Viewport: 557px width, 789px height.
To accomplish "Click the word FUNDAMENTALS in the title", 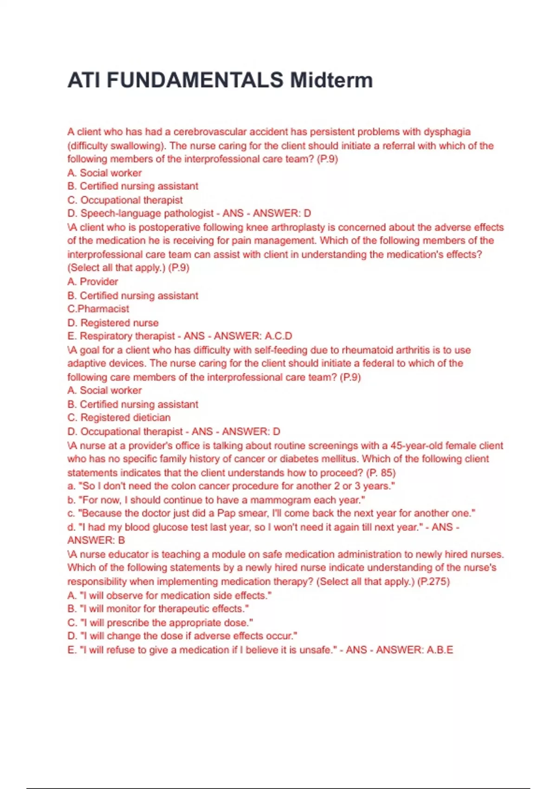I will click(195, 80).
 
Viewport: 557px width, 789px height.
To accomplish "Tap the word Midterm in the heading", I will click(331, 80).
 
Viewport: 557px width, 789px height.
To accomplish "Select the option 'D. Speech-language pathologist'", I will click(141, 213).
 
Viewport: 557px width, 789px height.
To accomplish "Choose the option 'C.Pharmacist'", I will click(98, 309).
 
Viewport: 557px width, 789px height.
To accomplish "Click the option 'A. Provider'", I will click(93, 282).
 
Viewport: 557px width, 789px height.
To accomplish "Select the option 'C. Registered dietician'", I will click(119, 418).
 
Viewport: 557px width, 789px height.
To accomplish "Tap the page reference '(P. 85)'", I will click(381, 473).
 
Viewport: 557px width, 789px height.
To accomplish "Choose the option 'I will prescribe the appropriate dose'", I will click(160, 623).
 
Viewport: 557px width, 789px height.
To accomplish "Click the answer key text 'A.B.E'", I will click(439, 650).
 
